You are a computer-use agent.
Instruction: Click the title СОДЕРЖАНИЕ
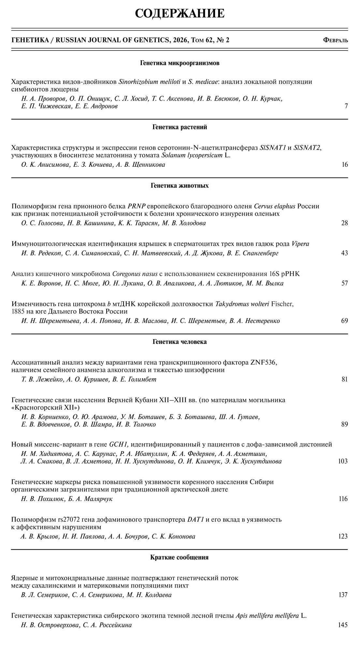180,13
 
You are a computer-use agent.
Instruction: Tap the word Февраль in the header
335,40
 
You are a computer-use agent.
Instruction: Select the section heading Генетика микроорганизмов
180,63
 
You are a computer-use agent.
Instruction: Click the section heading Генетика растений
180,127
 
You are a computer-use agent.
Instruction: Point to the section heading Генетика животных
180,186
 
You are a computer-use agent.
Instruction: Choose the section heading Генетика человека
180,342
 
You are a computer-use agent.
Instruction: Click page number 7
346,106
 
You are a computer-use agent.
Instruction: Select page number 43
344,253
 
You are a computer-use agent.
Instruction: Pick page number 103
343,461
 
